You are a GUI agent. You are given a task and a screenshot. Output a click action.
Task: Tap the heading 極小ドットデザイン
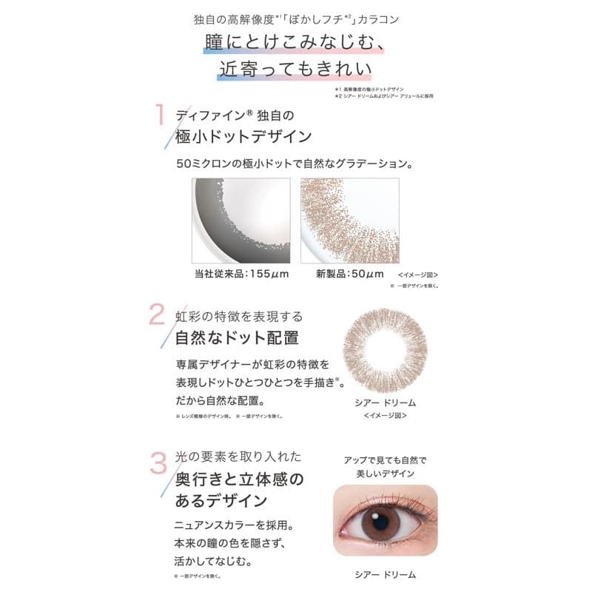(243, 138)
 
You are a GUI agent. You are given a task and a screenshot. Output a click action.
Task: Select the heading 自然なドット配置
(237, 338)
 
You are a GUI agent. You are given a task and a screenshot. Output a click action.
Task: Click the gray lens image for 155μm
(240, 221)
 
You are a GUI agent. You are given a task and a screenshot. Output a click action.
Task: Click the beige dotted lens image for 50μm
(349, 221)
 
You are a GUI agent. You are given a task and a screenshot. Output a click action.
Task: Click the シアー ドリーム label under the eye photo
(386, 574)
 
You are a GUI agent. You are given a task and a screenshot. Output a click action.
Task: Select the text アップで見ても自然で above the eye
(385, 460)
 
